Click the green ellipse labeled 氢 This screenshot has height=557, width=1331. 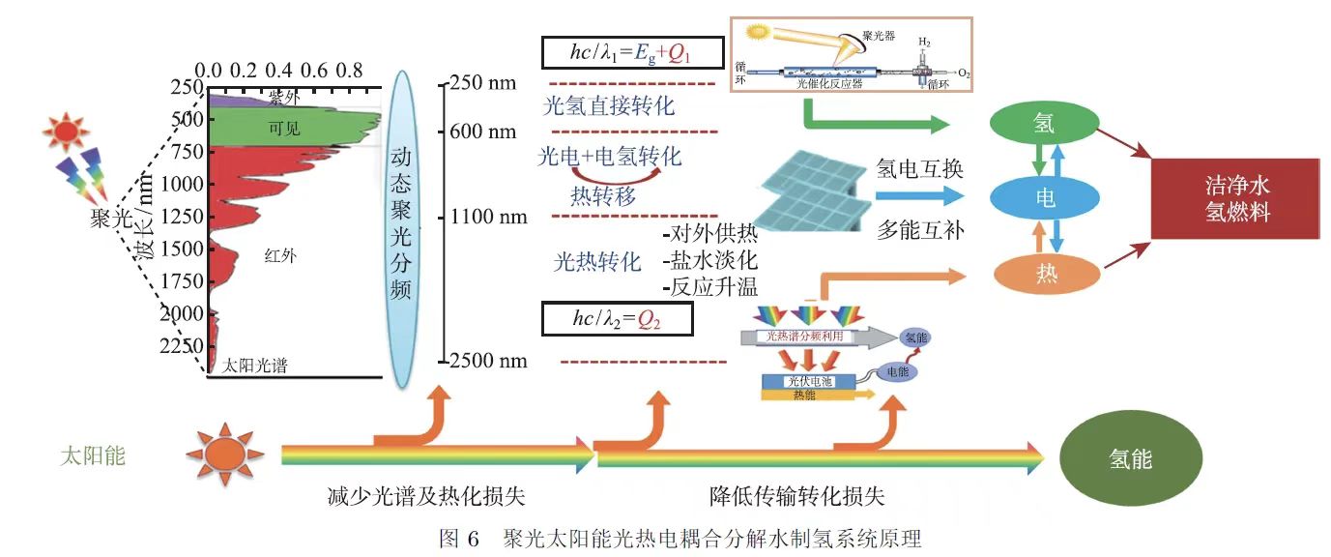point(1045,124)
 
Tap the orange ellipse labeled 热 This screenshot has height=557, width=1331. point(1045,274)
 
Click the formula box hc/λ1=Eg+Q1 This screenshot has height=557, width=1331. point(631,54)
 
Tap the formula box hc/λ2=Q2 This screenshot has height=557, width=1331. point(617,318)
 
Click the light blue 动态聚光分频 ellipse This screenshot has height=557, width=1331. point(403,223)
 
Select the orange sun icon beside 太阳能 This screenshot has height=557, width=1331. point(225,454)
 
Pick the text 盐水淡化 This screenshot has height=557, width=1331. point(710,260)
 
